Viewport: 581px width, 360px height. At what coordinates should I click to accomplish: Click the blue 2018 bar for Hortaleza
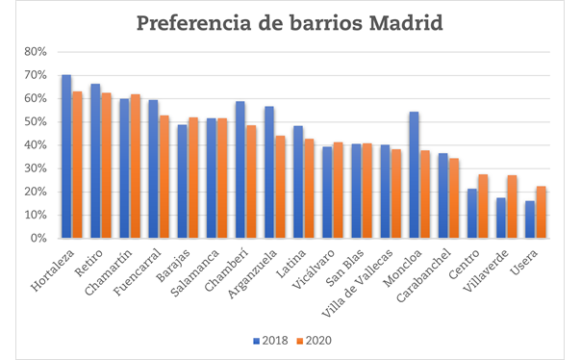[66, 156]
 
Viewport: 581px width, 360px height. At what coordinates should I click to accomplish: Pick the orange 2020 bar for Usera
[540, 212]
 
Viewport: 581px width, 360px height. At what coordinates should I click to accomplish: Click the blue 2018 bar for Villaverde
[501, 218]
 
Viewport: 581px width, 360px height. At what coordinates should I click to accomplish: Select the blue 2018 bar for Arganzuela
[269, 172]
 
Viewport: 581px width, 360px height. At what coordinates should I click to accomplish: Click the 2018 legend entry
[269, 340]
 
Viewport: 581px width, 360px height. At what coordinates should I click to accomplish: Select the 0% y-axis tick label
[38, 238]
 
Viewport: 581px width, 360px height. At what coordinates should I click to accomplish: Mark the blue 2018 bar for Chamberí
[240, 169]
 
